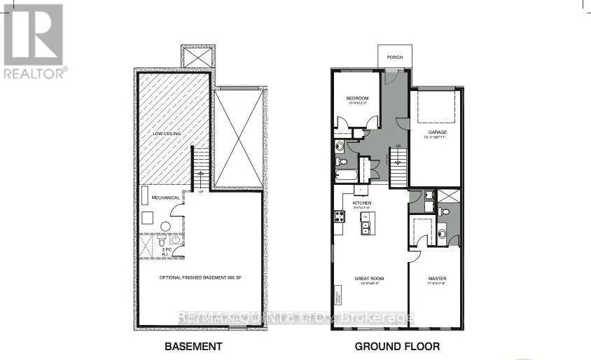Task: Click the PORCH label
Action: tap(394, 57)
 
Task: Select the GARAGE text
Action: tap(438, 132)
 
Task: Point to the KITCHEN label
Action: tap(361, 202)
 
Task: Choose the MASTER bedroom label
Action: tap(438, 279)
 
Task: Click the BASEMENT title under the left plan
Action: tap(193, 346)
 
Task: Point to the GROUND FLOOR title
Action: tap(397, 346)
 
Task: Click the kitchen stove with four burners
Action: tap(340, 216)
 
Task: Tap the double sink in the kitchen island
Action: tap(365, 221)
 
